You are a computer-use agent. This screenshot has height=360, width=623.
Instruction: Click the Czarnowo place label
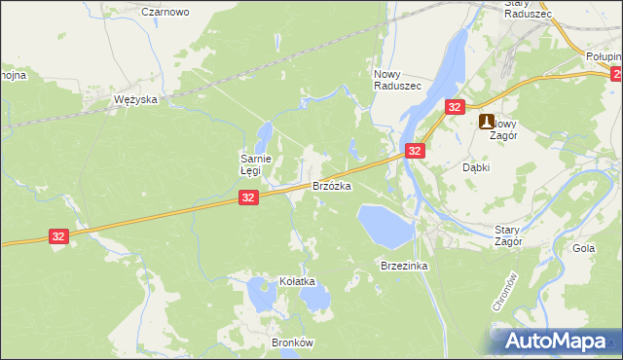(165, 12)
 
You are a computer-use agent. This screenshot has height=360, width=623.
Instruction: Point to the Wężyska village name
(135, 100)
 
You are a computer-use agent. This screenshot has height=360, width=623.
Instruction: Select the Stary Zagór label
(508, 234)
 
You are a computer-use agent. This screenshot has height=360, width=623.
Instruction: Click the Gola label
(584, 248)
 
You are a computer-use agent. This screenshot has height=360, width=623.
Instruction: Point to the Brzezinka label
(405, 265)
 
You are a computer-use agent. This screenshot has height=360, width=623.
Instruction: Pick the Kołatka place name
(298, 281)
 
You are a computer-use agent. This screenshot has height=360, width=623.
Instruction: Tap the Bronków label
(291, 343)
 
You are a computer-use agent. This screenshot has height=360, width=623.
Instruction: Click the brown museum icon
(486, 123)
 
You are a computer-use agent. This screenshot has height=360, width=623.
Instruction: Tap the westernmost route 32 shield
(60, 236)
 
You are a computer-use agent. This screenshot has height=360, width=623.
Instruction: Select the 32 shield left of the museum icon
(454, 107)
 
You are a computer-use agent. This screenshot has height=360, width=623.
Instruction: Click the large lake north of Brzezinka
(384, 225)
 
